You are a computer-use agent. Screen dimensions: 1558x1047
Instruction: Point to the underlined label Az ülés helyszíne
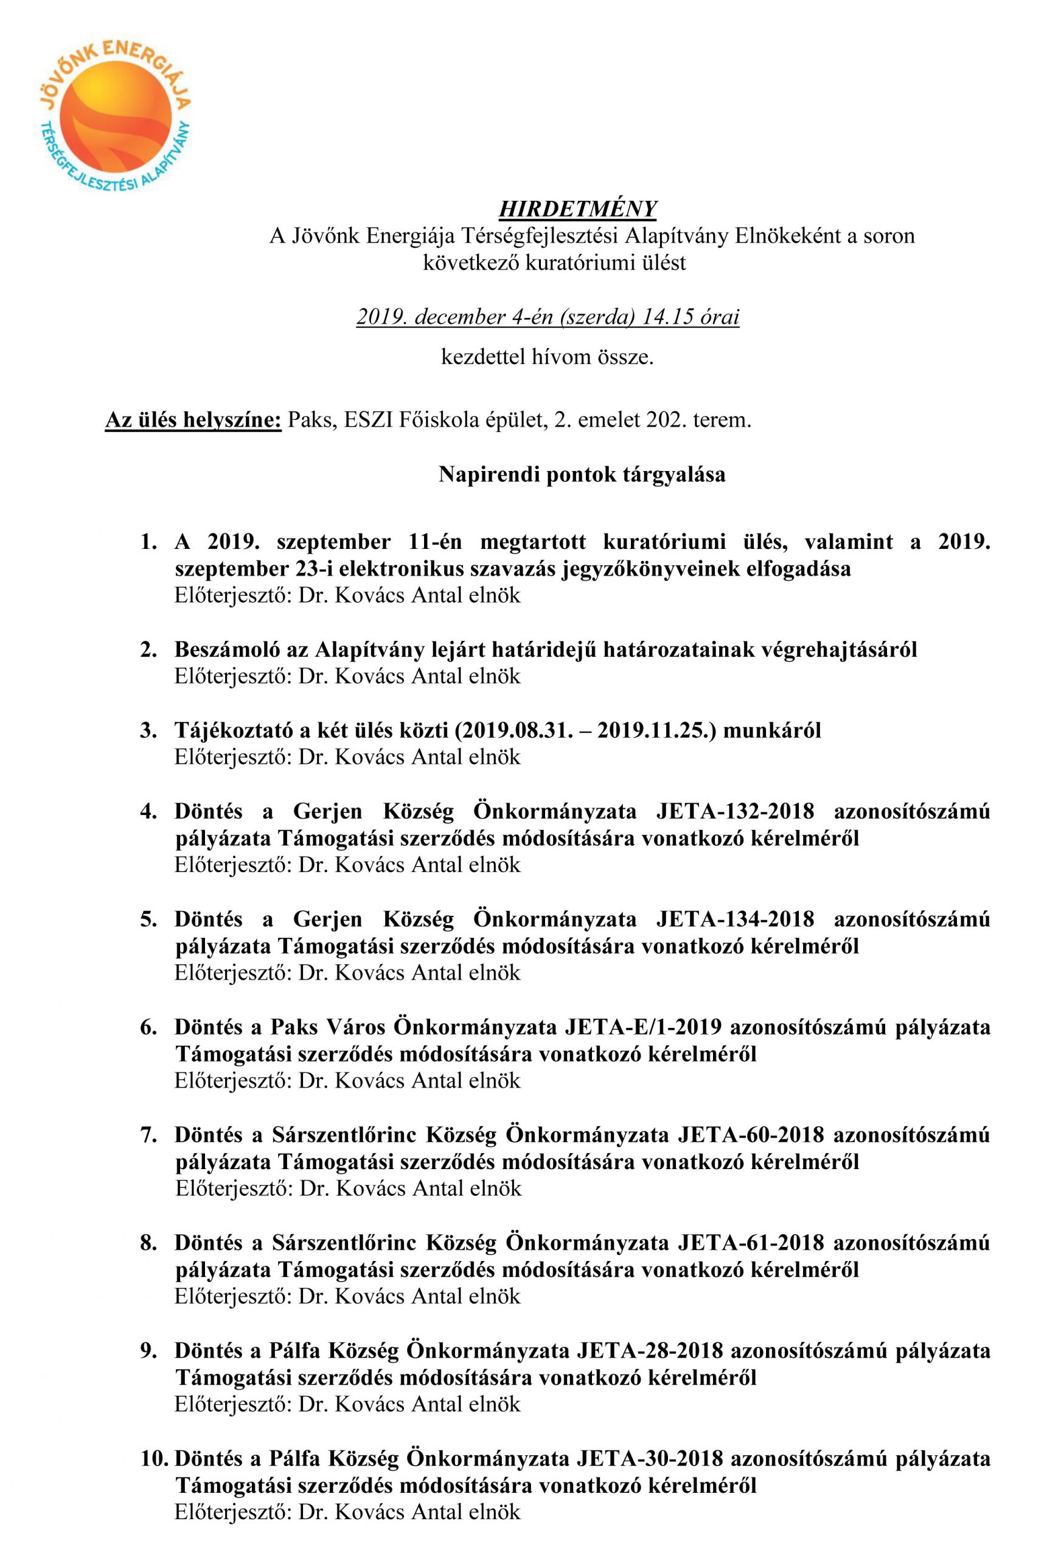193,421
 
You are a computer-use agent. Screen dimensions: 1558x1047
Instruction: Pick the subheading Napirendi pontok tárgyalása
582,474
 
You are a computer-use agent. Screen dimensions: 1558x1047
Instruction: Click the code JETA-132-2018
735,811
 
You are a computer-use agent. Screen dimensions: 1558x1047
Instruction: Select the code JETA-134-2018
735,919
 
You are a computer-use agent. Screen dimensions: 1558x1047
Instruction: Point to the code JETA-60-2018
751,1134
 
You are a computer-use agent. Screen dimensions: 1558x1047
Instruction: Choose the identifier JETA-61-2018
751,1242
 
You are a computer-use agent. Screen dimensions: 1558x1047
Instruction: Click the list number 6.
148,1027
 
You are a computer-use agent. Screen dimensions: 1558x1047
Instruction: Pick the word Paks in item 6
291,1027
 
